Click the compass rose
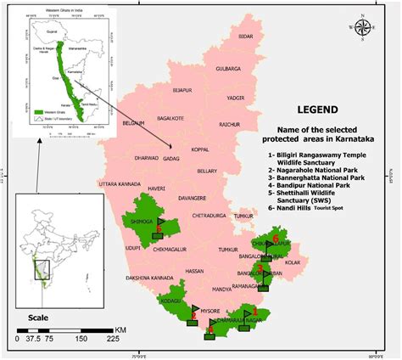[x=362, y=28]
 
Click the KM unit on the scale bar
[x=121, y=328]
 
